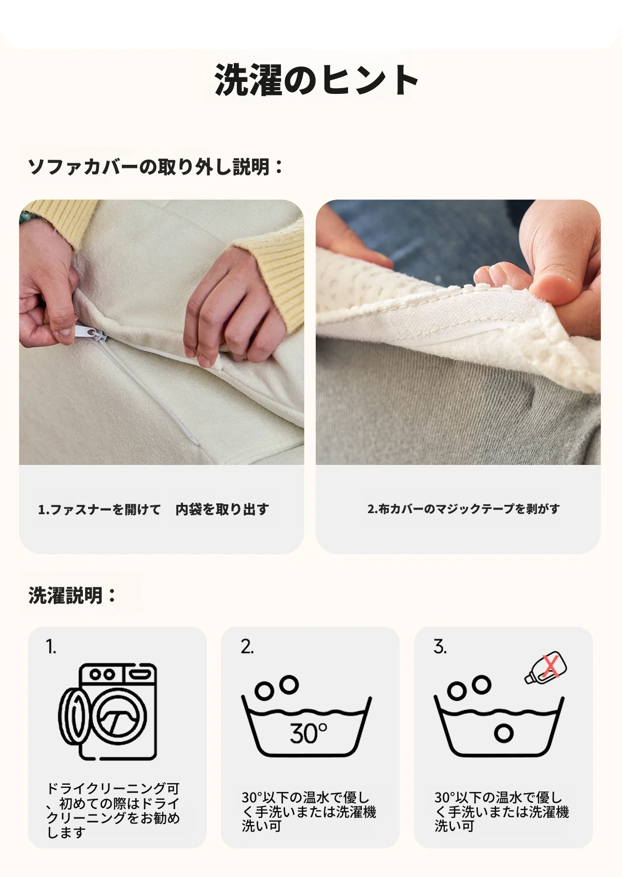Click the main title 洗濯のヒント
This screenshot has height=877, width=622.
click(316, 80)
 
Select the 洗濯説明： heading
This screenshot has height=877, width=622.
click(72, 595)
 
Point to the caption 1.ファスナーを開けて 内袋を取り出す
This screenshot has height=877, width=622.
click(153, 510)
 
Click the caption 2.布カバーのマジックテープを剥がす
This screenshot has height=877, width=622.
click(463, 509)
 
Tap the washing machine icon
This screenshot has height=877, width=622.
click(108, 711)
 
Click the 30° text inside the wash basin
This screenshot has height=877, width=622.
click(308, 733)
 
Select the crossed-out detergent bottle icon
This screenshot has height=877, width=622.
click(546, 668)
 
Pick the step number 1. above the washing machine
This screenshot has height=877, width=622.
click(51, 647)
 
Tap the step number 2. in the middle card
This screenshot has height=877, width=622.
click(247, 647)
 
